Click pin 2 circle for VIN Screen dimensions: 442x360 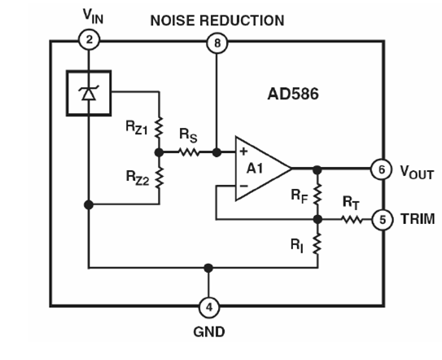[x=89, y=40]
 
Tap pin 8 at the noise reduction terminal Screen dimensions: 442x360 [x=217, y=43]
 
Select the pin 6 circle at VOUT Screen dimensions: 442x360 [x=381, y=169]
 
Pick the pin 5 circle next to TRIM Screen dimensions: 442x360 [x=383, y=219]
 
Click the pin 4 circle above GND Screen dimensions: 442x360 [x=209, y=307]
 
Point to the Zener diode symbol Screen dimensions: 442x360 [x=89, y=93]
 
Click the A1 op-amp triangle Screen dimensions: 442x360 [x=263, y=169]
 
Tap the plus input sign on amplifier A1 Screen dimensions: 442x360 [x=243, y=151]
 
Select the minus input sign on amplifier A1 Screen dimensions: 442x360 [x=243, y=186]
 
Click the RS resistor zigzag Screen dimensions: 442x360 [x=189, y=152]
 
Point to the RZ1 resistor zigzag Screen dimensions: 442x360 [x=159, y=127]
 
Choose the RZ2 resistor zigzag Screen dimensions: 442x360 [x=160, y=178]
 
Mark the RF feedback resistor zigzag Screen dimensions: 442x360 [x=317, y=194]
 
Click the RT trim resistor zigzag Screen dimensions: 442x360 [x=352, y=219]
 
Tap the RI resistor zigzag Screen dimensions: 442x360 [x=317, y=244]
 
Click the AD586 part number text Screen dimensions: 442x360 [x=293, y=94]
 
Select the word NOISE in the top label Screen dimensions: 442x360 [x=173, y=20]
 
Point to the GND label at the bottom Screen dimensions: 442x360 [x=209, y=332]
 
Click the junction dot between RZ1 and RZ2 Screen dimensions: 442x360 [x=159, y=152]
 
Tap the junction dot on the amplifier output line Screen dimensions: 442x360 [x=317, y=170]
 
